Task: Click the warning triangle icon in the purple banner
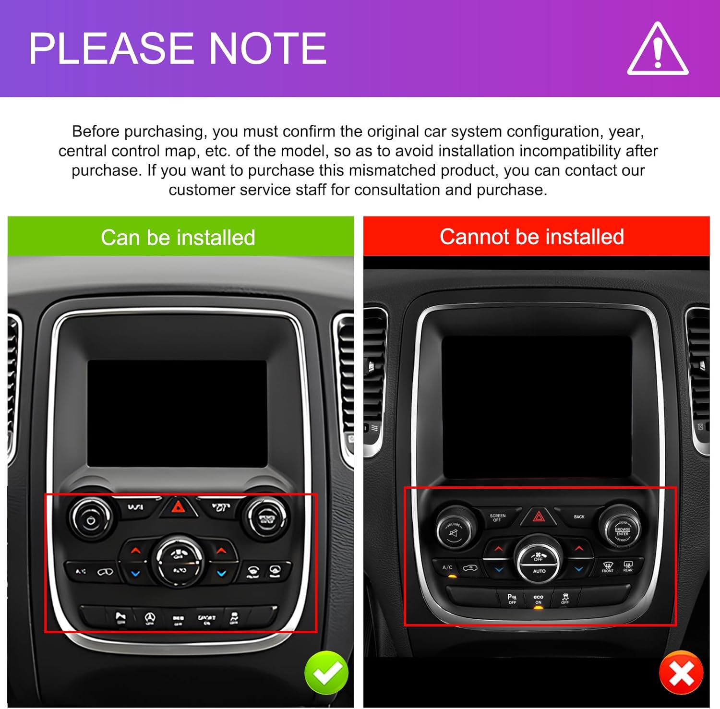click(x=658, y=50)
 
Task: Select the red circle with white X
click(x=681, y=673)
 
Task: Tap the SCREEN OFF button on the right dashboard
click(x=497, y=517)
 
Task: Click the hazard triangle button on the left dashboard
click(x=178, y=507)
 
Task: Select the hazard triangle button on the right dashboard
click(x=539, y=517)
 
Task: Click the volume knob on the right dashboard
click(x=453, y=530)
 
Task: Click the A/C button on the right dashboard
click(x=447, y=568)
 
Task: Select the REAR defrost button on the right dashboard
click(x=628, y=567)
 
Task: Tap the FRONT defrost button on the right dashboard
click(x=608, y=567)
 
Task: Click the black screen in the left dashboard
click(x=177, y=413)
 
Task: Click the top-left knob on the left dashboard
click(x=91, y=518)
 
